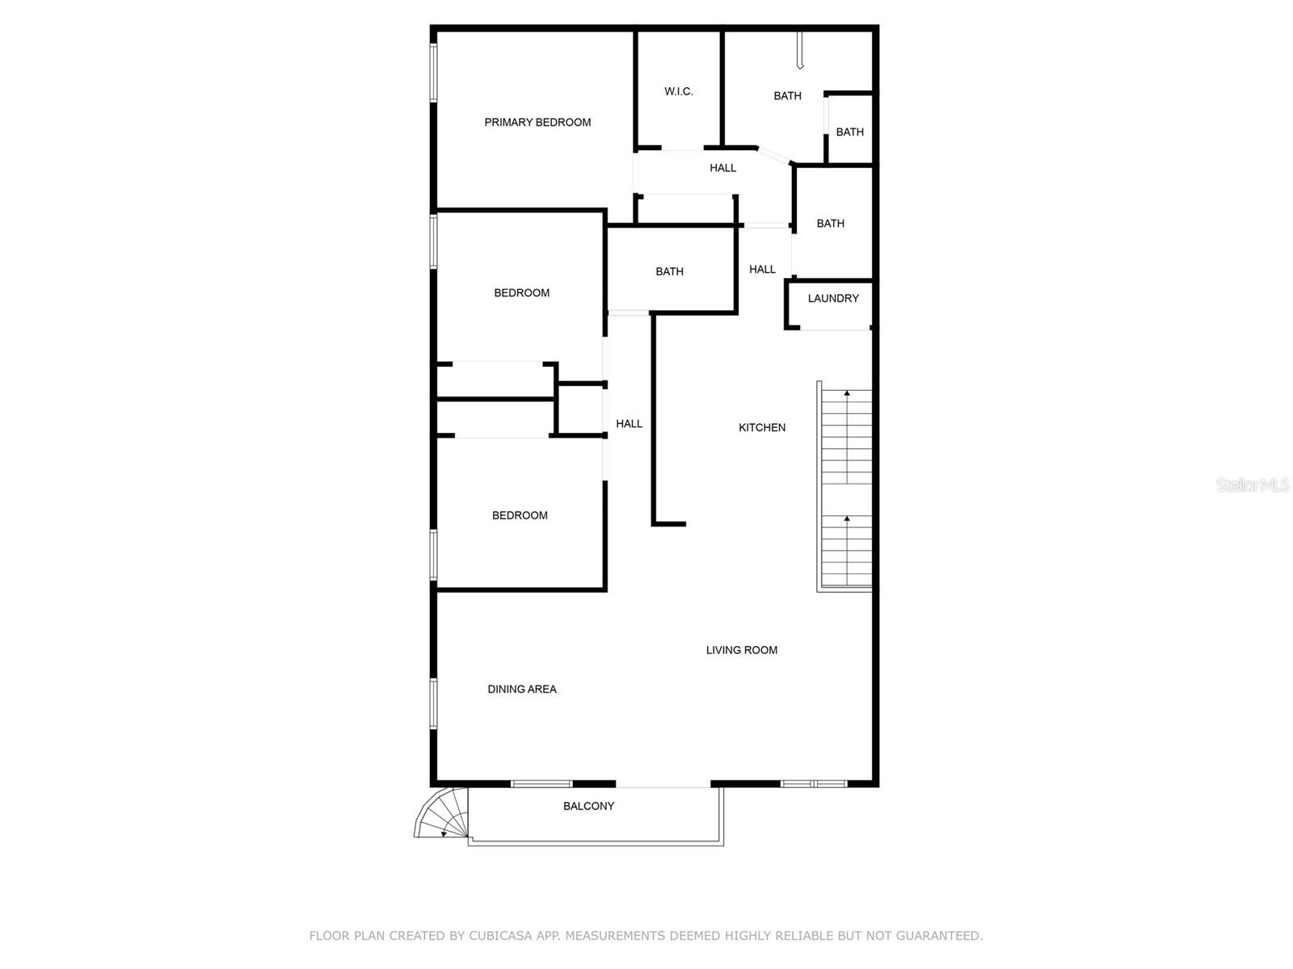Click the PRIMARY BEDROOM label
coord(537,123)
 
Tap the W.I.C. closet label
coord(678,92)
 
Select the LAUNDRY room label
coord(833,299)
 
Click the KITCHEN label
coord(761,428)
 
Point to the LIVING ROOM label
coord(741,650)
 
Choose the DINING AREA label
coord(521,690)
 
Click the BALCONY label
coord(588,807)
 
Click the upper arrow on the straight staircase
coord(847,393)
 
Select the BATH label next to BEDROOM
coord(669,272)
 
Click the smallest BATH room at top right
coord(849,132)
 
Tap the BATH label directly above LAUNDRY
coord(830,224)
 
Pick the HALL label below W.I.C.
coord(722,169)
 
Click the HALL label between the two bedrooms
coord(629,424)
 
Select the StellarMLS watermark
coord(1253,485)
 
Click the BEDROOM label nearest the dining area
coord(520,516)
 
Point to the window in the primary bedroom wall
coord(434,73)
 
